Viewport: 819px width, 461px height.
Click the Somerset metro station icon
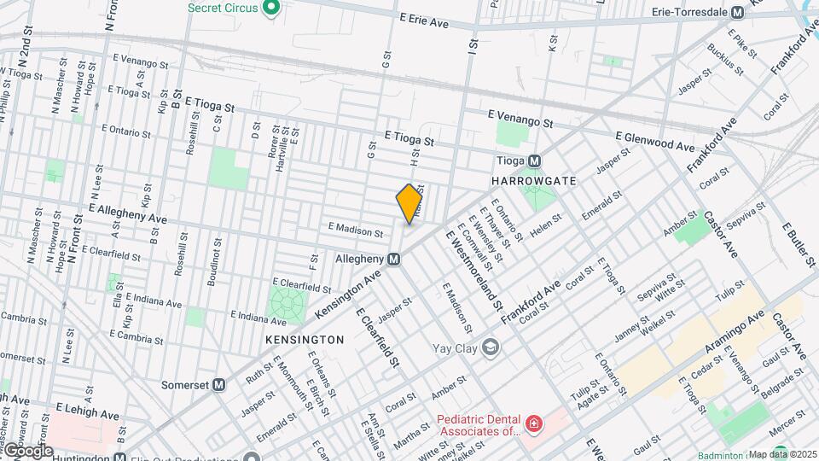click(x=219, y=385)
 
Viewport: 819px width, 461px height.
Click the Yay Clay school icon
click(x=490, y=347)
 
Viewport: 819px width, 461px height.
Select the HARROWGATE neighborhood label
click(x=534, y=182)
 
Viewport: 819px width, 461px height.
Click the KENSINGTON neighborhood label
click(x=305, y=340)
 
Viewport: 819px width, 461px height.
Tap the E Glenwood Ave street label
click(x=655, y=142)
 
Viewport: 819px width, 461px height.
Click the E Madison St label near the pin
click(x=355, y=230)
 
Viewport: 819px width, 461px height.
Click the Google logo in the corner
click(x=27, y=450)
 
